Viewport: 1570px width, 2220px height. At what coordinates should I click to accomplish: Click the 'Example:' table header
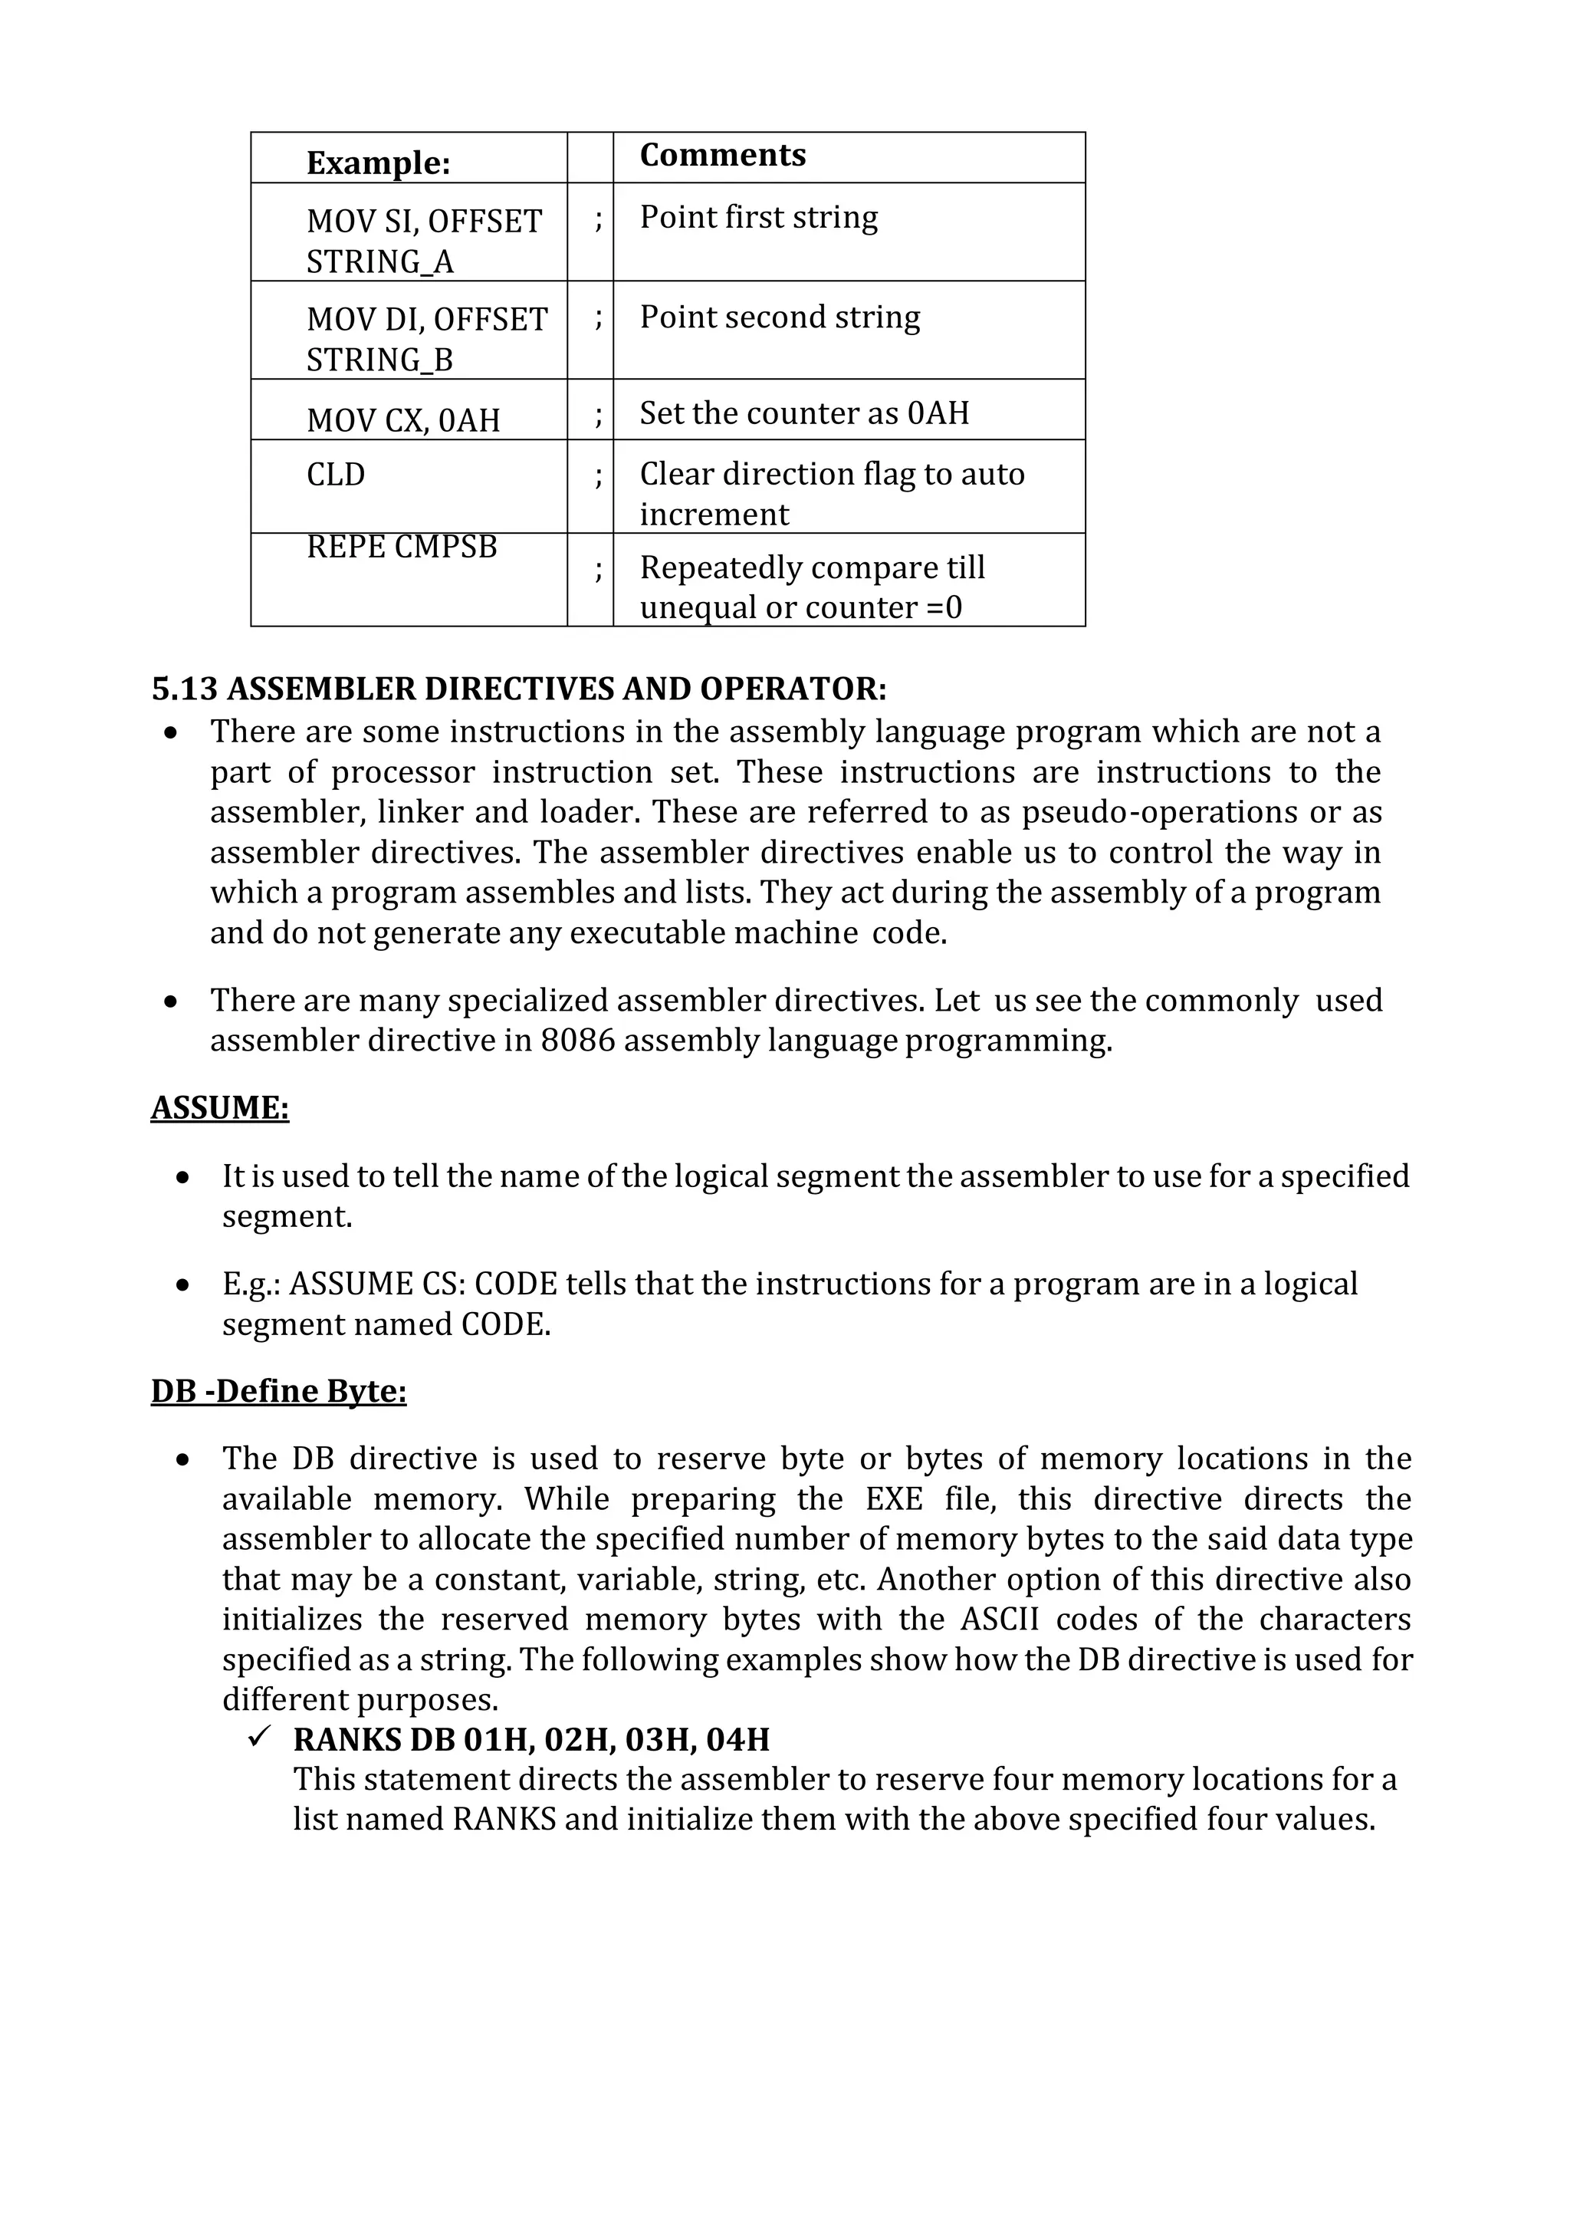coord(378,163)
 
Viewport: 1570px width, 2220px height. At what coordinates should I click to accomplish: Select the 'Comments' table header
coord(722,155)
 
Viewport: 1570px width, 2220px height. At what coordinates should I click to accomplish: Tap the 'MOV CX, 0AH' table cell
coord(403,419)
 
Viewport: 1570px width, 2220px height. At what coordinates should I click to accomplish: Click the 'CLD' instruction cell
coord(336,474)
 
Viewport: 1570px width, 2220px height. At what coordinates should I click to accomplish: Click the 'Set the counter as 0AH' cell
coord(803,413)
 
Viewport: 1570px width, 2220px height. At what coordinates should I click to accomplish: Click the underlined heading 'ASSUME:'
coord(219,1107)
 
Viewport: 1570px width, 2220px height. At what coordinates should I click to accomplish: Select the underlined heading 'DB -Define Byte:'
coord(278,1390)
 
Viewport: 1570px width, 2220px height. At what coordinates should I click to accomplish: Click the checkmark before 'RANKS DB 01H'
coord(259,1738)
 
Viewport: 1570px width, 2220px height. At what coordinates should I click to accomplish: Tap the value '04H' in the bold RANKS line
coord(737,1739)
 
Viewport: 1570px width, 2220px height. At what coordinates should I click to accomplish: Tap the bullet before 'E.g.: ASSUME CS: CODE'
coord(182,1285)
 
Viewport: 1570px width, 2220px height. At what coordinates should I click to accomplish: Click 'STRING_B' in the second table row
coord(379,360)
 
